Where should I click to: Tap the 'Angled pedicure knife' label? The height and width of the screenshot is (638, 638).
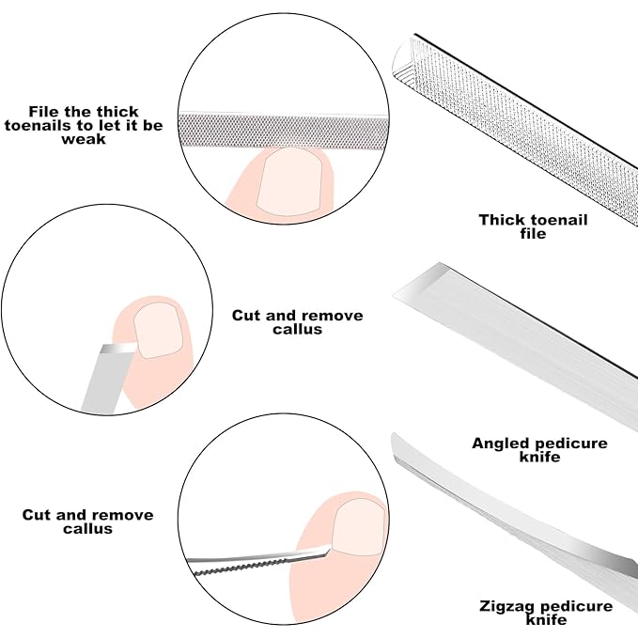click(x=539, y=449)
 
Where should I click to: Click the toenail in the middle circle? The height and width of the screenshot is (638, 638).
click(x=155, y=332)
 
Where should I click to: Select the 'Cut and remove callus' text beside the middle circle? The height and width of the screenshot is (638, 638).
click(x=297, y=322)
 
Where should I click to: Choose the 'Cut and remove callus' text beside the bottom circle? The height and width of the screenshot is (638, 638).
click(x=87, y=521)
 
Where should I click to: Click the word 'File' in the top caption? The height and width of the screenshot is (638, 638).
click(x=44, y=111)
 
